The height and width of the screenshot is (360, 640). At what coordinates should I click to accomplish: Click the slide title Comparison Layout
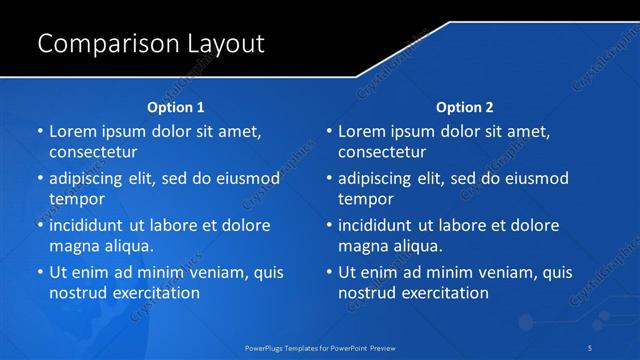pos(150,44)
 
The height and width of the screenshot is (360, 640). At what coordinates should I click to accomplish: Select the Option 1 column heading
pos(176,107)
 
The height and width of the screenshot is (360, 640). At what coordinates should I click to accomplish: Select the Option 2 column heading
pos(465,107)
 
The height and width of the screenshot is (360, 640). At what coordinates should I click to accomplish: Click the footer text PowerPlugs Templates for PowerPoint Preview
pos(320,347)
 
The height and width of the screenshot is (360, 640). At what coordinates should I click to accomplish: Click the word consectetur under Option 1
pos(93,153)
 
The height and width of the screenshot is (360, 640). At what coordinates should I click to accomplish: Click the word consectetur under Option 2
pos(382,153)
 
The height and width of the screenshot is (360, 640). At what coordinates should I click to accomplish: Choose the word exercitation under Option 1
pos(155,293)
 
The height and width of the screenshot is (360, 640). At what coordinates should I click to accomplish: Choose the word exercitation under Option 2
pos(444,293)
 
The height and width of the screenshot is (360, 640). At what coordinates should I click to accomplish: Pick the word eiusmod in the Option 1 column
pos(249,179)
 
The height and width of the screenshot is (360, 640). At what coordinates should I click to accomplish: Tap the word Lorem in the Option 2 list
pos(361,131)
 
